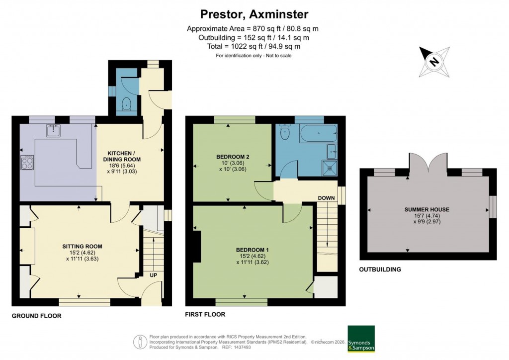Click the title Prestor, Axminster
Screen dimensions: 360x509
click(x=254, y=13)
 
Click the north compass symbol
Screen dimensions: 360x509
click(x=435, y=62)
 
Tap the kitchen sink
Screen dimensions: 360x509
click(x=54, y=131)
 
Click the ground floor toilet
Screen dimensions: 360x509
click(x=126, y=104)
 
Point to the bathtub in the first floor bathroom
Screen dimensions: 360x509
click(x=318, y=133)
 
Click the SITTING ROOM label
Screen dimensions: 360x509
click(x=82, y=246)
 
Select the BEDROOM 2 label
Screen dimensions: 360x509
click(x=233, y=157)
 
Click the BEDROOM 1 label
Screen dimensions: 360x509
click(x=252, y=249)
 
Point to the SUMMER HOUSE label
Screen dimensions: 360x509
click(x=427, y=210)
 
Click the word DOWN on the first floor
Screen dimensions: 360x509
click(x=326, y=198)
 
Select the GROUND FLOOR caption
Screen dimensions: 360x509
click(x=36, y=316)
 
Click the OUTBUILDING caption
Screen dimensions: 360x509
click(x=380, y=270)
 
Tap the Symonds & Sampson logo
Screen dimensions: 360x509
click(x=361, y=339)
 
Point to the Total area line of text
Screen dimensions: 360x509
click(x=254, y=46)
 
